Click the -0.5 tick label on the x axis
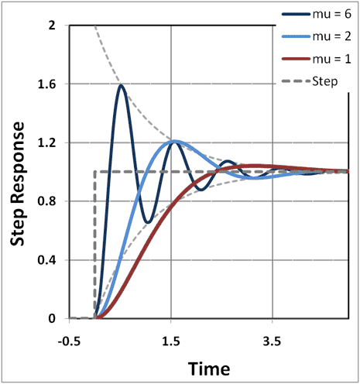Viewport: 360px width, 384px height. [70, 339]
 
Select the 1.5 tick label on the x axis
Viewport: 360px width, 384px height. [171, 339]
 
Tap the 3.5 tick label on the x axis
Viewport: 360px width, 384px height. [272, 339]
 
